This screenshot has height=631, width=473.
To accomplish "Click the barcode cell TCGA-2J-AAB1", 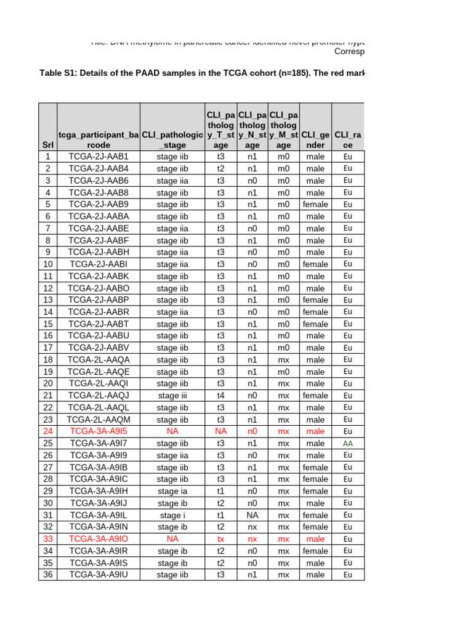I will pyautogui.click(x=99, y=157).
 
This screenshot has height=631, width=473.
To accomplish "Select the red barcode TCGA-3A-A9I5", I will pyautogui.click(x=99, y=431).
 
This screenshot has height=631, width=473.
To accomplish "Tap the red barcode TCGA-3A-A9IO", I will pyautogui.click(x=99, y=539).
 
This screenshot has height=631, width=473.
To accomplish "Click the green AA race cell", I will pyautogui.click(x=347, y=443).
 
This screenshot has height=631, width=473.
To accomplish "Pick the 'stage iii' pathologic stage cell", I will pyautogui.click(x=172, y=396).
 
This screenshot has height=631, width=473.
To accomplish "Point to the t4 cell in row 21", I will pyautogui.click(x=220, y=396).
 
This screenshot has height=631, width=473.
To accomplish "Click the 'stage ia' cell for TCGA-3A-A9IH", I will pyautogui.click(x=172, y=491).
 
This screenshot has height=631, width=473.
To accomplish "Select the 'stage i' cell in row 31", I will pyautogui.click(x=172, y=515).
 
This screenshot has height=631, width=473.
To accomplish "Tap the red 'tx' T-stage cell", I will pyautogui.click(x=220, y=539).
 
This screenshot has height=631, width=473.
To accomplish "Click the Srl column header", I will pyautogui.click(x=48, y=145).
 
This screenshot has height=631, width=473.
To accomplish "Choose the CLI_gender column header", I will pyautogui.click(x=315, y=140).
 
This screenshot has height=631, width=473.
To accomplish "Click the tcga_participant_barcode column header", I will pyautogui.click(x=99, y=140).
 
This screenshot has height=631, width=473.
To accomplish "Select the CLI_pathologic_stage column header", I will pyautogui.click(x=172, y=140).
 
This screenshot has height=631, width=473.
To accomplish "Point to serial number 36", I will pyautogui.click(x=48, y=575).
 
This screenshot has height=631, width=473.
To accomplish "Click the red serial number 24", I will pyautogui.click(x=48, y=431).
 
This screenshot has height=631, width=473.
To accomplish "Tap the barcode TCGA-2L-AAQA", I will pyautogui.click(x=99, y=360).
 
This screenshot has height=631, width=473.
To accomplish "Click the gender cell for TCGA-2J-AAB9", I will pyautogui.click(x=315, y=205).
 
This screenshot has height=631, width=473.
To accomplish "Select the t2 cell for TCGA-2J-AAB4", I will pyautogui.click(x=220, y=169).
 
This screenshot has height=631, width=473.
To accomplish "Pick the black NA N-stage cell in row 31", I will pyautogui.click(x=253, y=515).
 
